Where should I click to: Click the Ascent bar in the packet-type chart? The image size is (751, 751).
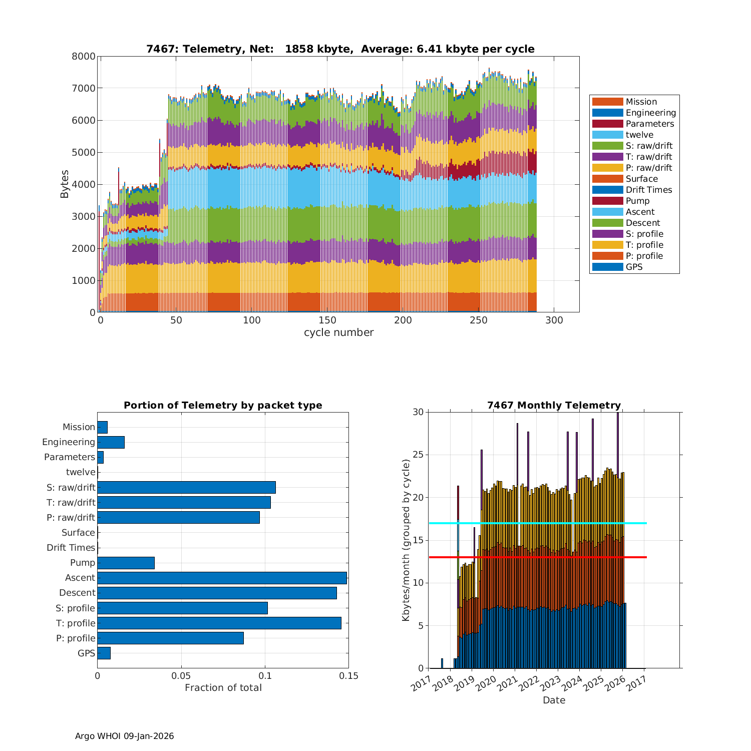tap(222, 578)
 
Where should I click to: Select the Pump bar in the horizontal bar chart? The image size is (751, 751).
tap(126, 563)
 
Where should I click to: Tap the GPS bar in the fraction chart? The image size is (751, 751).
tap(104, 653)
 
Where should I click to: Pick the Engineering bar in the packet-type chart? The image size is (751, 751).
tap(111, 442)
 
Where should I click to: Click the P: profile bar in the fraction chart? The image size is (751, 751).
tap(170, 638)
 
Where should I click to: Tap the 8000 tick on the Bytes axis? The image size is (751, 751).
tap(84, 56)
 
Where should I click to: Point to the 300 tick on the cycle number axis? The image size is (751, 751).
tap(554, 320)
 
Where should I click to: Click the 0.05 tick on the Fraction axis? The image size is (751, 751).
tap(181, 676)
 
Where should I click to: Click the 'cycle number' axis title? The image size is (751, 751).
tap(338, 332)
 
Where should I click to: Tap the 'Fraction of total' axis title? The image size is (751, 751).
tap(223, 687)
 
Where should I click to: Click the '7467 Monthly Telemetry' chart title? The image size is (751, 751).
tap(554, 405)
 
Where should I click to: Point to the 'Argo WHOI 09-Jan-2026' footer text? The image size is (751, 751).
tap(124, 736)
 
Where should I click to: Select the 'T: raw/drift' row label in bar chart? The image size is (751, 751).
tap(71, 502)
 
